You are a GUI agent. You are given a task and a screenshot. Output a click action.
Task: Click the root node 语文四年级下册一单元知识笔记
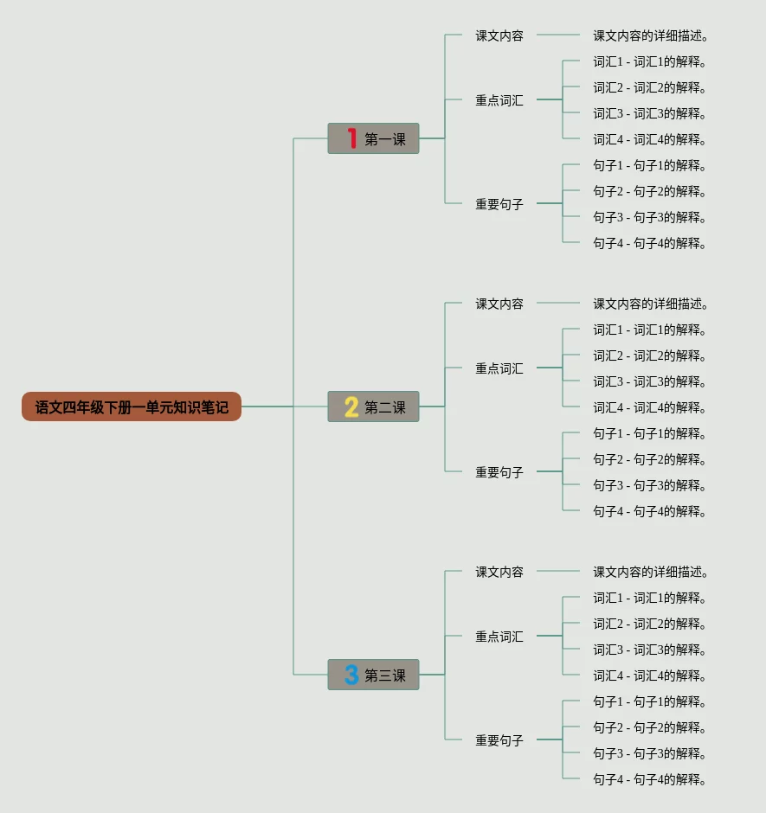click(x=132, y=406)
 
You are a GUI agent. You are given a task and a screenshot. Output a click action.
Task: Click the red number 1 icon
click(x=351, y=138)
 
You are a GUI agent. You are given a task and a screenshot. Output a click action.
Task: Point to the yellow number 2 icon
click(x=351, y=406)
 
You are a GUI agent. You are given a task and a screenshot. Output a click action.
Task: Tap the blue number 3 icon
click(x=351, y=675)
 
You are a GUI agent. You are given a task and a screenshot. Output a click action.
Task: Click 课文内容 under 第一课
click(x=499, y=35)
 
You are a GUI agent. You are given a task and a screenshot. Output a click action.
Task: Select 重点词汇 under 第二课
click(x=499, y=368)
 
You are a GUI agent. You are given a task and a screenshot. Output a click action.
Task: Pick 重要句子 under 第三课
click(x=499, y=740)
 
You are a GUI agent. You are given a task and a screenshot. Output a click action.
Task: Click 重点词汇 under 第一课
click(x=499, y=100)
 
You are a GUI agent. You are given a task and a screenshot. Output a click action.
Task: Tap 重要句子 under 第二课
click(x=499, y=472)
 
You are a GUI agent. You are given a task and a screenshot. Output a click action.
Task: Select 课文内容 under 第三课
click(x=499, y=572)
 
